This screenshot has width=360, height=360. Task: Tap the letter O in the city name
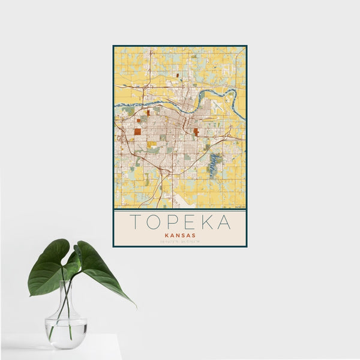[155, 223]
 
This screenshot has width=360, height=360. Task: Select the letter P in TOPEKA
[174, 223]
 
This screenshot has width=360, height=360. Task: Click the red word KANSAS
[180, 236]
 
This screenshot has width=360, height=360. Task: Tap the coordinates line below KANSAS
[180, 242]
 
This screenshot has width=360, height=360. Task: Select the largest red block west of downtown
[137, 131]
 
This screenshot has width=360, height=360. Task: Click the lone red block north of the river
[178, 75]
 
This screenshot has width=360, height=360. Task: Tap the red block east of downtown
[196, 131]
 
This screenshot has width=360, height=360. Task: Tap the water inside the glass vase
[65, 333]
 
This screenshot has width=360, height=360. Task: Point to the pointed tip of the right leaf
[136, 306]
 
